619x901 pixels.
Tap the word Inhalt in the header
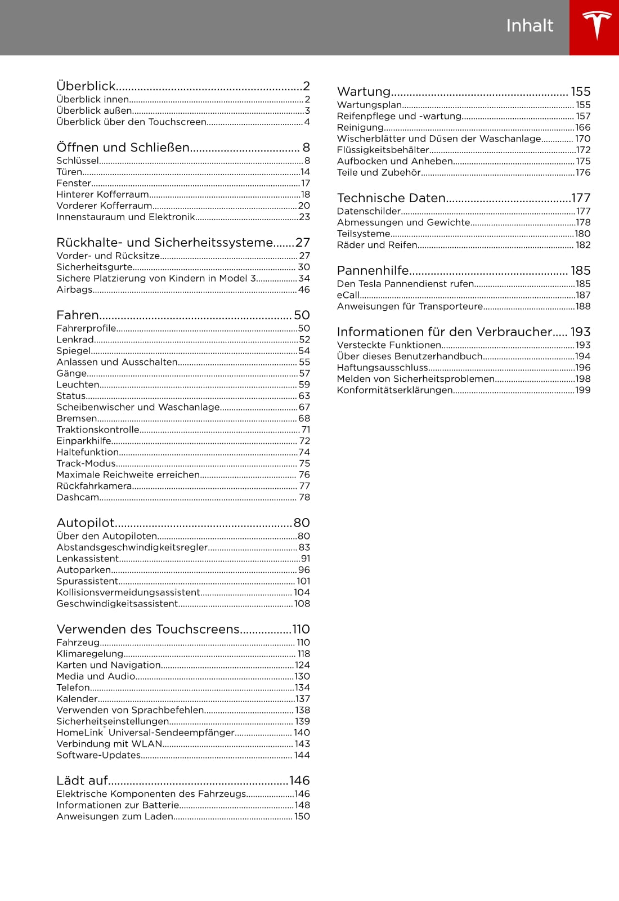(530, 26)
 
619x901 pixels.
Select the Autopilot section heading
(86, 523)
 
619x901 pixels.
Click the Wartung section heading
(364, 92)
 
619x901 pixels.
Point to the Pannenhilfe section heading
(373, 271)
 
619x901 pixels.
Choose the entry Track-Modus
(86, 463)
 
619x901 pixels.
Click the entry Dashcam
(78, 497)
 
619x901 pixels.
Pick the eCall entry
(348, 295)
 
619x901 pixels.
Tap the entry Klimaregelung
(89, 654)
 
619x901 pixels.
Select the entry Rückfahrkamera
(94, 486)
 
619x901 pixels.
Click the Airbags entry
(74, 289)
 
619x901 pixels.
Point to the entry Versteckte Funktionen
(389, 345)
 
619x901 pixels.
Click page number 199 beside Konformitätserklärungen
(583, 390)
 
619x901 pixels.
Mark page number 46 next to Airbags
(304, 289)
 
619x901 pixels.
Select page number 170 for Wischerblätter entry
(583, 139)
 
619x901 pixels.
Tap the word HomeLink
(79, 733)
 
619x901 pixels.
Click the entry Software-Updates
(98, 755)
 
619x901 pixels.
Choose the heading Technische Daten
(391, 198)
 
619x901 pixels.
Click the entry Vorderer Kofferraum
(104, 206)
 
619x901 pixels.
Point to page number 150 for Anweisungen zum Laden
(302, 817)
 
